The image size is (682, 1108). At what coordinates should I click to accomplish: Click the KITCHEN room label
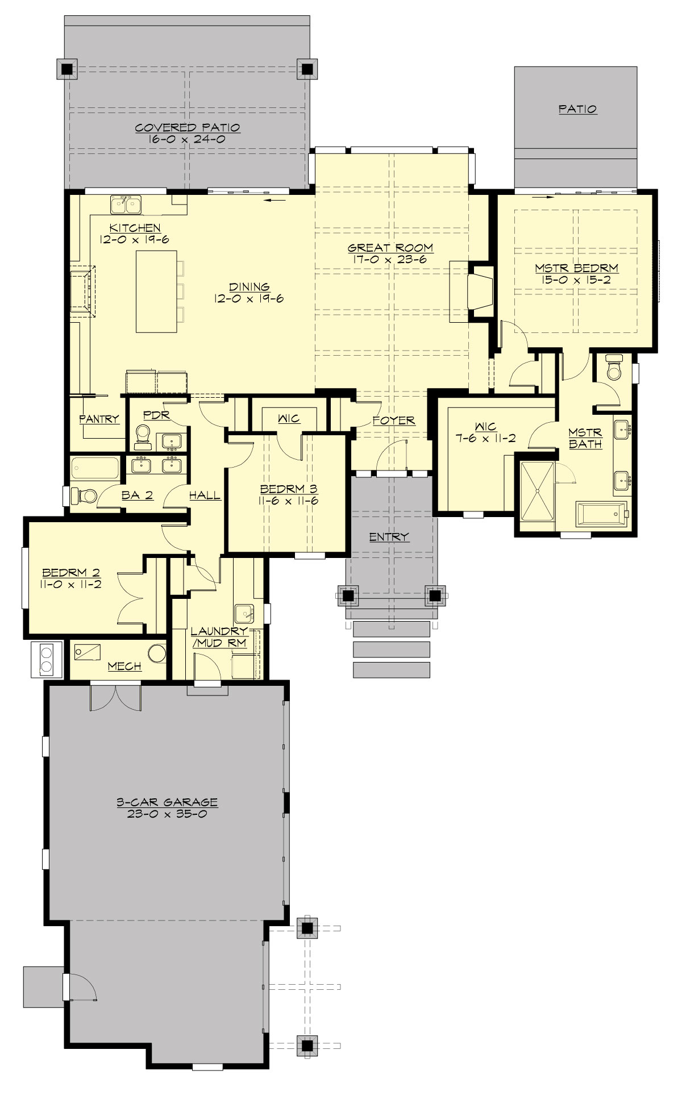(135, 228)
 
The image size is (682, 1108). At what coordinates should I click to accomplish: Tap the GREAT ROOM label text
(390, 248)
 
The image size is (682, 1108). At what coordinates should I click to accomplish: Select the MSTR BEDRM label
(576, 268)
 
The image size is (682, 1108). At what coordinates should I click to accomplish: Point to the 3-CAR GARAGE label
(167, 802)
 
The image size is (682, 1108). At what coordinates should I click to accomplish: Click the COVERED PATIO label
(187, 128)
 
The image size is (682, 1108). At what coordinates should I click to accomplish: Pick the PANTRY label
(99, 419)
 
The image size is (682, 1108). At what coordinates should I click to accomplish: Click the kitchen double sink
(126, 203)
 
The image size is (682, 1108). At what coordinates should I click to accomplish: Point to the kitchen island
(156, 291)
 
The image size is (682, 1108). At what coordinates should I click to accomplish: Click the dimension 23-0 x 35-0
(167, 814)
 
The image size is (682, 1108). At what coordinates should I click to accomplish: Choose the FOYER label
(394, 420)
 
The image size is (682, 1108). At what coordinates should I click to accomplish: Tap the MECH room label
(124, 666)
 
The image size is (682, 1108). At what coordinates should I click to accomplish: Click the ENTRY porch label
(389, 537)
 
